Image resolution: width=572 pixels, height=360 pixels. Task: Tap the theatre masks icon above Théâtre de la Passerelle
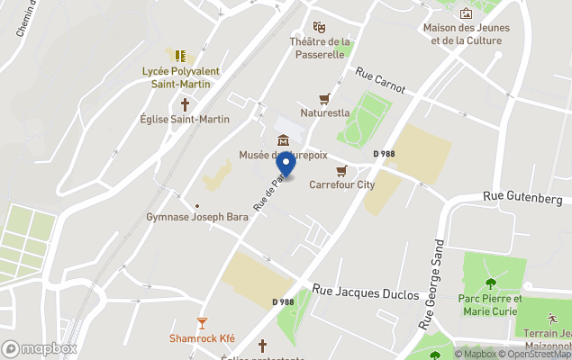pyautogui.click(x=319, y=27)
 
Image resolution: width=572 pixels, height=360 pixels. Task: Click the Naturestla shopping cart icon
pyautogui.click(x=324, y=98)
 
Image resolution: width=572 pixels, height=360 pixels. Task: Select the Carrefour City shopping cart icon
pyautogui.click(x=341, y=170)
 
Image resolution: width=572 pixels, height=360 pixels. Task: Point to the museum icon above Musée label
pyautogui.click(x=284, y=139)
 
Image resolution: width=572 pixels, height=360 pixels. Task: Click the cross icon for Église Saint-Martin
pyautogui.click(x=185, y=103)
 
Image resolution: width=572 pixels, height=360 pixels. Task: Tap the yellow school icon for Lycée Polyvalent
pyautogui.click(x=180, y=56)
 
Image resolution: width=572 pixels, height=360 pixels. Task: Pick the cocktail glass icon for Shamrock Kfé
pyautogui.click(x=202, y=323)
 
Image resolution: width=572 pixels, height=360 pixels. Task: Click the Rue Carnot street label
pyautogui.click(x=380, y=81)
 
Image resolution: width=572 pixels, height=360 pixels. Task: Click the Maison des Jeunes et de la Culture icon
pyautogui.click(x=466, y=13)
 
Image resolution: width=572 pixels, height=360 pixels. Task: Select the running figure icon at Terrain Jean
pyautogui.click(x=550, y=319)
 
